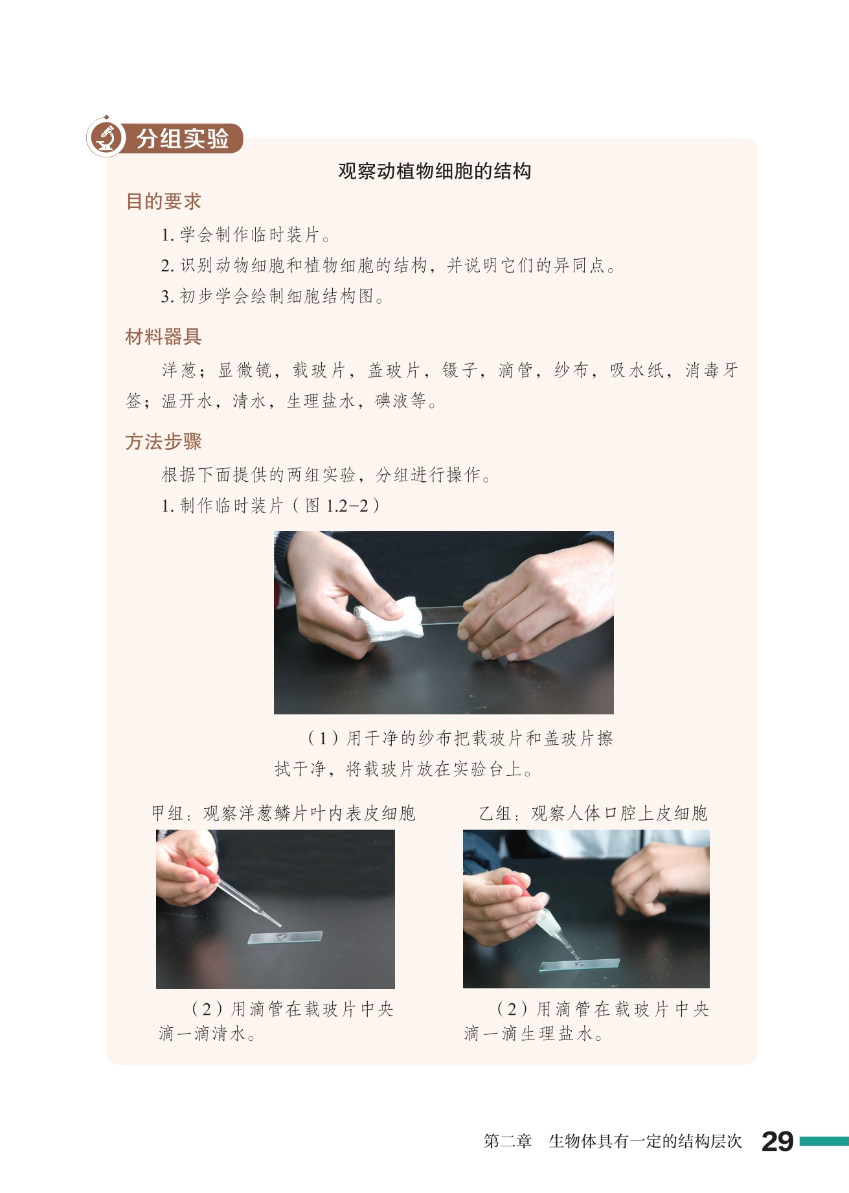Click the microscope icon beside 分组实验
pos(106,137)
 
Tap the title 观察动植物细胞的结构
pos(435,171)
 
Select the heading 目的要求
pos(163,201)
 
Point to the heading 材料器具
pos(163,337)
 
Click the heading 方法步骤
pos(163,442)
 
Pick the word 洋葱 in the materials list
pos(179,370)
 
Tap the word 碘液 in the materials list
pos(392,401)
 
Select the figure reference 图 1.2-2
pos(337,505)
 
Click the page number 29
pos(777,1141)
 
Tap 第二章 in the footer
pos(508,1141)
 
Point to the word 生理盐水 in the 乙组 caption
pos(557,1034)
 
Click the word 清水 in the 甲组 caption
pos(229,1034)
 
